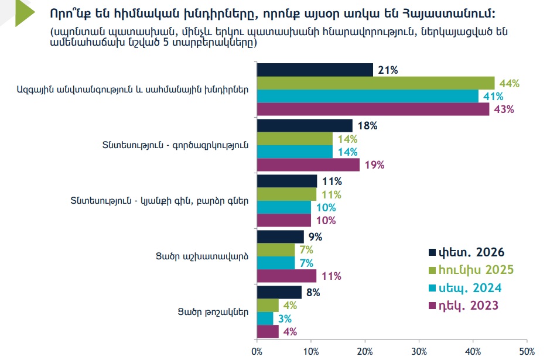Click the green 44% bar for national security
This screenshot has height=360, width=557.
pos(375,83)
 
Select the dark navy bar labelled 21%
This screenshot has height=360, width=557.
pos(315,70)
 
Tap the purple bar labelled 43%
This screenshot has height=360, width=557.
pos(373,109)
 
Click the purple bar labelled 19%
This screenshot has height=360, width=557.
pos(308,165)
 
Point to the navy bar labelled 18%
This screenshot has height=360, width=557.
pos(305,126)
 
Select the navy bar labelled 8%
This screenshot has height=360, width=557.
pos(279,292)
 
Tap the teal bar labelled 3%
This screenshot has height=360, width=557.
pos(265,318)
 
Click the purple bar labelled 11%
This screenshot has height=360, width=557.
pos(286,276)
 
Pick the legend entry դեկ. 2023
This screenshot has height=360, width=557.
pos(466,306)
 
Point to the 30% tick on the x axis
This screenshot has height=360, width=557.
pos(419,351)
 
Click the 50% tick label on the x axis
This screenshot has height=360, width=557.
pos(527,351)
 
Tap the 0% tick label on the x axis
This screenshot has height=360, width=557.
pos(257,351)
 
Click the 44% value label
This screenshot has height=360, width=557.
pos(510,83)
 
